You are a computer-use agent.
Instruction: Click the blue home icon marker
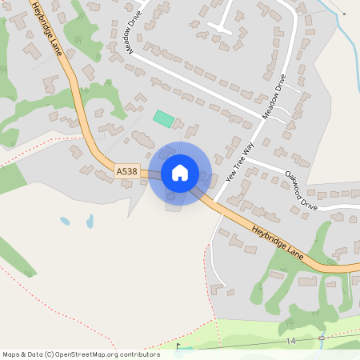(x=180, y=173)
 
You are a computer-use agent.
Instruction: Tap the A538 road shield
(x=127, y=171)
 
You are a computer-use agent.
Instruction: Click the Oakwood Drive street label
(x=301, y=190)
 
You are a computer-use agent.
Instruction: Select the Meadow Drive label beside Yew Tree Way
(x=273, y=97)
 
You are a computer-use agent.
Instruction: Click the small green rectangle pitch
(x=164, y=118)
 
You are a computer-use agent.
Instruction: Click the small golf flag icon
(x=178, y=348)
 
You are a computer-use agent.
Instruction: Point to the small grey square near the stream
(x=343, y=14)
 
